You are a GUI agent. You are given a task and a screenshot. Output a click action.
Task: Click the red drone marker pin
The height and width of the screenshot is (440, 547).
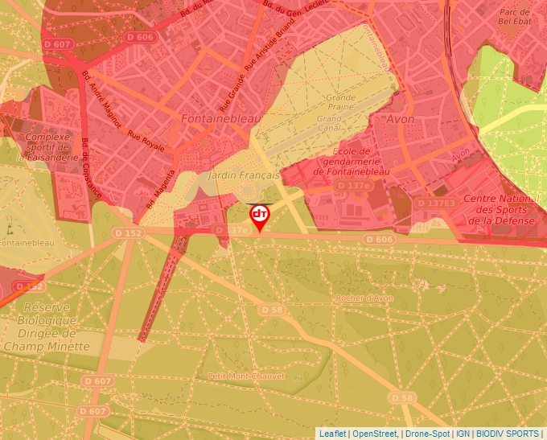coord(259,216)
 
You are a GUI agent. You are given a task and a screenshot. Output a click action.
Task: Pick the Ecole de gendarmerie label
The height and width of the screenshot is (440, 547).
coord(352,160)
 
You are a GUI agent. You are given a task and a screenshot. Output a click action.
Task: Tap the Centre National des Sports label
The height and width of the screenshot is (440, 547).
coord(501,209)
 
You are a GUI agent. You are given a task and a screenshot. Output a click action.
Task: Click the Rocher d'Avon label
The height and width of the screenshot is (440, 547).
coord(364,298)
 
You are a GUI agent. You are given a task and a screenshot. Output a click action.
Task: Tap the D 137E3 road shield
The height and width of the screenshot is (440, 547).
coord(435,204)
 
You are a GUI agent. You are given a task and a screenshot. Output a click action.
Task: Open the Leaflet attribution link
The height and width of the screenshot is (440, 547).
coord(332,433)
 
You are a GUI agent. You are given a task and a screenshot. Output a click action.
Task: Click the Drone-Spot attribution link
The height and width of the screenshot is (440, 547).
coord(427,433)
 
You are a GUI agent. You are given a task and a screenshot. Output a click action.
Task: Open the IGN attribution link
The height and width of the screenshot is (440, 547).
coord(463,433)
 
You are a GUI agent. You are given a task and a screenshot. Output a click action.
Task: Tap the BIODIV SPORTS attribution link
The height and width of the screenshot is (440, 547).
coord(508,433)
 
